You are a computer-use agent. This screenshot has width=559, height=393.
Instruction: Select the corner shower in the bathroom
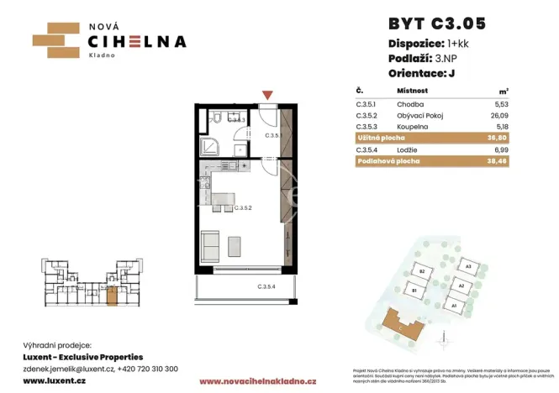pyautogui.click(x=210, y=145)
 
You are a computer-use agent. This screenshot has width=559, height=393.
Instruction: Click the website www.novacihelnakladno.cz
pyautogui.click(x=257, y=380)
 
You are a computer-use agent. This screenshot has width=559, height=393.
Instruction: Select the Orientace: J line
pyautogui.click(x=428, y=71)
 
